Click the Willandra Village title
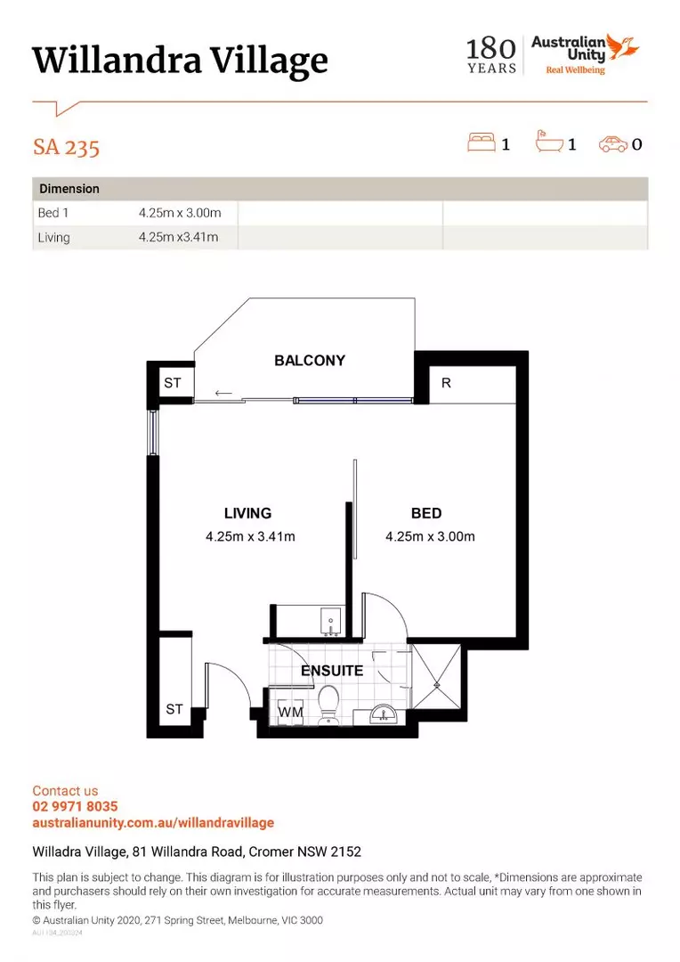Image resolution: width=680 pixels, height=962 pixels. tap(180, 61)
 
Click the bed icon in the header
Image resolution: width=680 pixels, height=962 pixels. tap(482, 143)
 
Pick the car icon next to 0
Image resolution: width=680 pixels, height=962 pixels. tap(612, 143)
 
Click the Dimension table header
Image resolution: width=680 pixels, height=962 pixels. tap(69, 189)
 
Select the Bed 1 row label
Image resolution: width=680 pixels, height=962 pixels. tap(53, 213)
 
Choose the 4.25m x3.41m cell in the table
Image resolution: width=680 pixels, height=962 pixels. tap(178, 237)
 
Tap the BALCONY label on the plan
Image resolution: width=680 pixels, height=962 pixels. tap(309, 361)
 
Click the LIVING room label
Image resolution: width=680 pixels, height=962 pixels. tap(247, 513)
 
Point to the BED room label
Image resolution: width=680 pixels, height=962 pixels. tap(426, 513)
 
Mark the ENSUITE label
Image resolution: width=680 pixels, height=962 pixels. tap(331, 670)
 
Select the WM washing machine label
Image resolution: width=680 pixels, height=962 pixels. tap(289, 713)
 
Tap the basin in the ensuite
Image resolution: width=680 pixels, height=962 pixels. tap(385, 713)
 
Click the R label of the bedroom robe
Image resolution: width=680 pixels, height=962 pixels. tap(446, 383)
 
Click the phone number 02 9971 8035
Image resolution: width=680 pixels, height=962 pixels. tap(75, 807)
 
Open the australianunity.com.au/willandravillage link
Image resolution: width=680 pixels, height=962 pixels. tap(153, 823)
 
